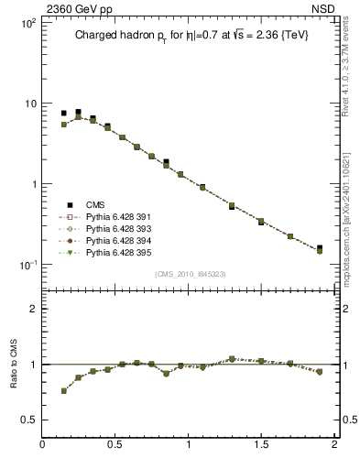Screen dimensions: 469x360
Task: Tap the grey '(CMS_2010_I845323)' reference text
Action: [188, 274]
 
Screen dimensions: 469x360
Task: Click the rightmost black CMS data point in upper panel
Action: [320, 248]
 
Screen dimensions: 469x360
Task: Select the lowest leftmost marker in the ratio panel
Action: [64, 390]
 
